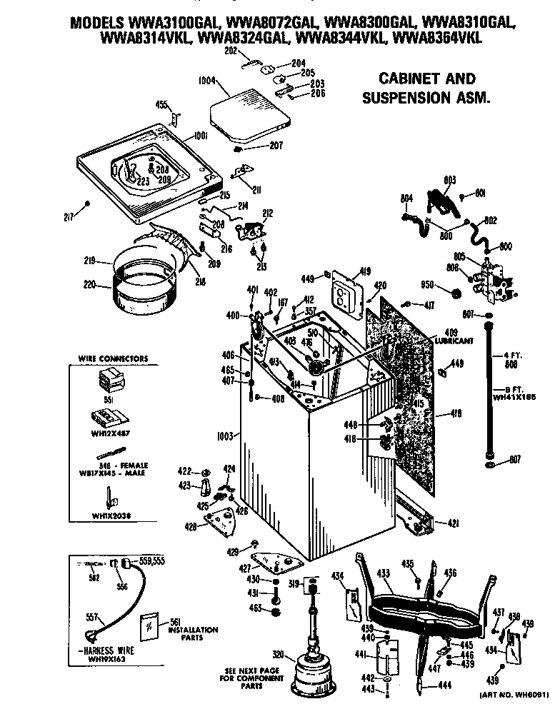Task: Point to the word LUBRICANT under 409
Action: [x=458, y=341]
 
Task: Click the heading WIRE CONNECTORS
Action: [x=113, y=358]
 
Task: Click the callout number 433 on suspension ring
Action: [x=384, y=572]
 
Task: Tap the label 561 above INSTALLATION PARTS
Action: [x=176, y=621]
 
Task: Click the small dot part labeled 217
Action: [x=87, y=203]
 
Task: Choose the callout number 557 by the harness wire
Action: [x=91, y=616]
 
